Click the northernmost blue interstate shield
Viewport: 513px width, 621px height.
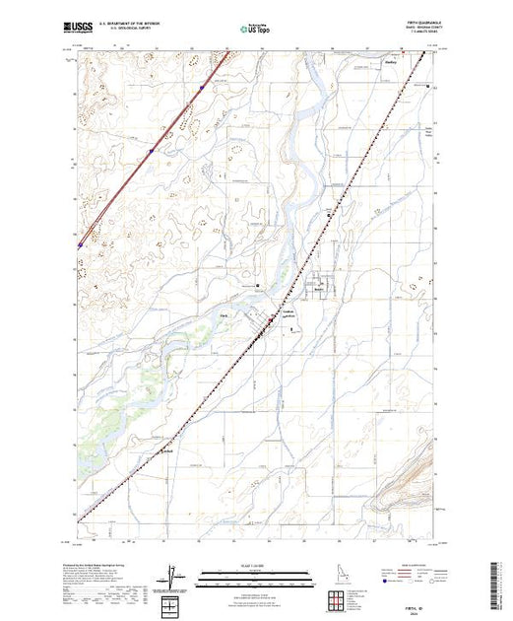tap(200, 88)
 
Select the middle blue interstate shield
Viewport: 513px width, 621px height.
tap(150, 151)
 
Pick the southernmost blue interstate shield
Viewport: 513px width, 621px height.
tap(79, 246)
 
